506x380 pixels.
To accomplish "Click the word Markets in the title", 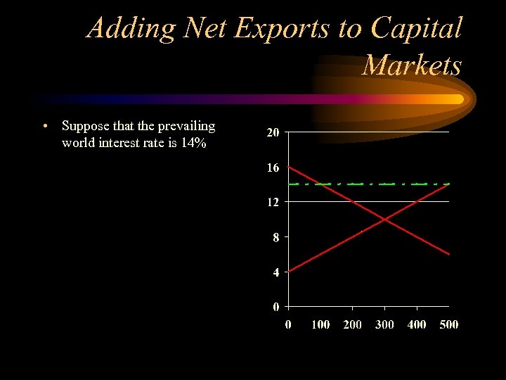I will [413, 65].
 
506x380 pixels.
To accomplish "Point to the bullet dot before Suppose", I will [44, 127].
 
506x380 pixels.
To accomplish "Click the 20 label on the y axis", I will [273, 132].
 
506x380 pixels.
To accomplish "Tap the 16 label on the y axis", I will [273, 167].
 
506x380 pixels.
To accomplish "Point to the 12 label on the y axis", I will [273, 202].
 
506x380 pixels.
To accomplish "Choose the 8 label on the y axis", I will [276, 237].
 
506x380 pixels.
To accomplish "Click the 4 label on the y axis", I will [276, 272].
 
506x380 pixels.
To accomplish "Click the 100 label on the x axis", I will [320, 324].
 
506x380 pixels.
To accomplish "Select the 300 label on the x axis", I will [384, 324].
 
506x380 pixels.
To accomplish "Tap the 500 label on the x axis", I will [448, 324].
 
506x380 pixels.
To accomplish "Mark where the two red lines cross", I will [384, 219].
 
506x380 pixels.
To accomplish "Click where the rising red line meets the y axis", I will [289, 271].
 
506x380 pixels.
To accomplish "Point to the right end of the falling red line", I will [448, 253].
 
